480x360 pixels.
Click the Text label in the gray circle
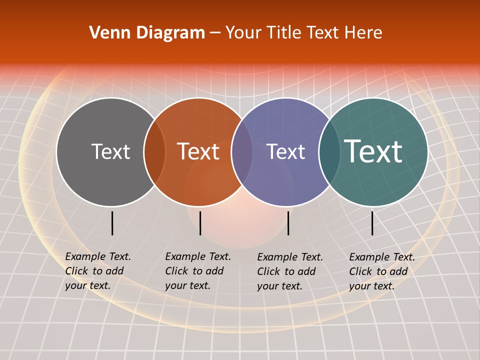(x=110, y=151)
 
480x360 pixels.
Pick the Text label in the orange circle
(x=198, y=151)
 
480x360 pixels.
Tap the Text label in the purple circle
(x=285, y=151)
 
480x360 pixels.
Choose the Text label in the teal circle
(x=373, y=151)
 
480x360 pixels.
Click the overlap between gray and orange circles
(x=154, y=152)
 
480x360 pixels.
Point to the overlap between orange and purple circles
(x=242, y=152)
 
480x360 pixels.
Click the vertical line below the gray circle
(x=112, y=223)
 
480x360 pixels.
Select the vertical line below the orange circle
(x=200, y=223)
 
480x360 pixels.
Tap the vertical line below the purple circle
(x=288, y=223)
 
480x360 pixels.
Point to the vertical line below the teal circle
(x=372, y=223)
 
